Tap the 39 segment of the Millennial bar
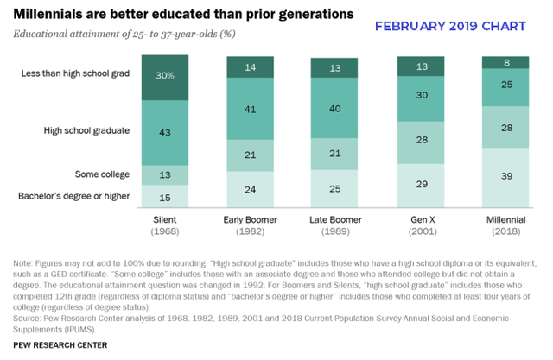pyautogui.click(x=505, y=177)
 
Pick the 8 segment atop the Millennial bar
pyautogui.click(x=505, y=62)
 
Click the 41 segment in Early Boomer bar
pyautogui.click(x=251, y=110)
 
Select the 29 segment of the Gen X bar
pyautogui.click(x=420, y=185)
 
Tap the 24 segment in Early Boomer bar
pyautogui.click(x=251, y=190)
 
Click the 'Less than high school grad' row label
pyautogui.click(x=75, y=74)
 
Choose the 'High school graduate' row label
pyautogui.click(x=86, y=131)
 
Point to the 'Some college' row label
pyautogui.click(x=104, y=174)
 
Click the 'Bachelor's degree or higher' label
pyautogui.click(x=73, y=196)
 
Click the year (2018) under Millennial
pyautogui.click(x=505, y=232)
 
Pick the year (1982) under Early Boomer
pyautogui.click(x=251, y=232)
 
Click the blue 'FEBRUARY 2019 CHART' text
pyautogui.click(x=449, y=26)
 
